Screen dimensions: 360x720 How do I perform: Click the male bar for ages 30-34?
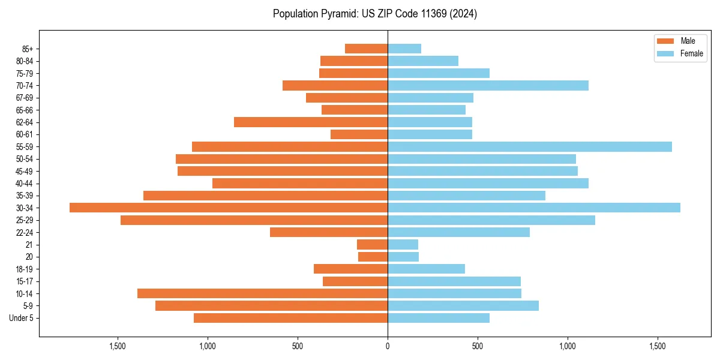coord(229,208)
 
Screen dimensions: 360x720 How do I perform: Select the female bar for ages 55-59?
coord(530,146)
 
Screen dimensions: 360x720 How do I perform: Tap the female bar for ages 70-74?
coord(488,85)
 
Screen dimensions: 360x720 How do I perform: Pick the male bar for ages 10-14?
coord(262,293)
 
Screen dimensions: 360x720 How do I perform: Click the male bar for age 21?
coord(372,245)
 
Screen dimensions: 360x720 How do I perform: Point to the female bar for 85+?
coord(404,49)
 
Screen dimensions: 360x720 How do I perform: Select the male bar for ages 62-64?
coord(311,122)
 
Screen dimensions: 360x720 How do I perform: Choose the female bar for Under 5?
coord(439,318)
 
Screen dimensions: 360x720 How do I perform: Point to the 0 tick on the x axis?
coord(388,346)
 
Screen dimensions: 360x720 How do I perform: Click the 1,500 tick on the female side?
coord(658,346)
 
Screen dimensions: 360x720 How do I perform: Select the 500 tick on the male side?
coord(298,346)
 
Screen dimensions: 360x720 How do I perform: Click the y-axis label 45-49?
coord(25,171)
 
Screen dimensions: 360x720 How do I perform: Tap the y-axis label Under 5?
coord(22,318)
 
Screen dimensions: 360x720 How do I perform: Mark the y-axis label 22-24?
coord(25,232)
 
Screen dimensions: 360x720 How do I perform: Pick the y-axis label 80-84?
coord(25,61)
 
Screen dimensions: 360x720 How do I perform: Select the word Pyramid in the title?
coord(337,14)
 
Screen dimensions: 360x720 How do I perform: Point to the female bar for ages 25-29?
coord(491,220)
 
